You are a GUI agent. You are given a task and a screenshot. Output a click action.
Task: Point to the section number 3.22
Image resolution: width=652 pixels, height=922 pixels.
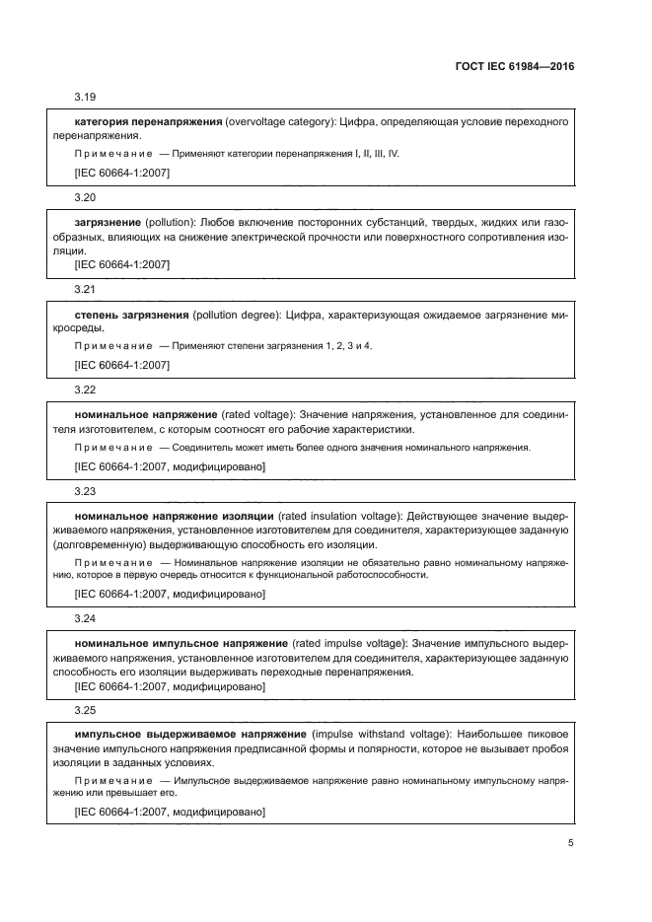(x=86, y=390)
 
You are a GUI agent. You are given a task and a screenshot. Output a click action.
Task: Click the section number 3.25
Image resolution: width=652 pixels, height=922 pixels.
(x=86, y=711)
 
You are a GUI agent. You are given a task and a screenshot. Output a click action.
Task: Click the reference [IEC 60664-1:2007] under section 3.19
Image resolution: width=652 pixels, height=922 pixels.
(x=122, y=174)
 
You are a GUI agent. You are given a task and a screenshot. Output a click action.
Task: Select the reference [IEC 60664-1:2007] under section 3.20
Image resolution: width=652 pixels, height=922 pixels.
(x=122, y=264)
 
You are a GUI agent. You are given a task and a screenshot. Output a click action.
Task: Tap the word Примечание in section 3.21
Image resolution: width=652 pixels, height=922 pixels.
(x=113, y=346)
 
